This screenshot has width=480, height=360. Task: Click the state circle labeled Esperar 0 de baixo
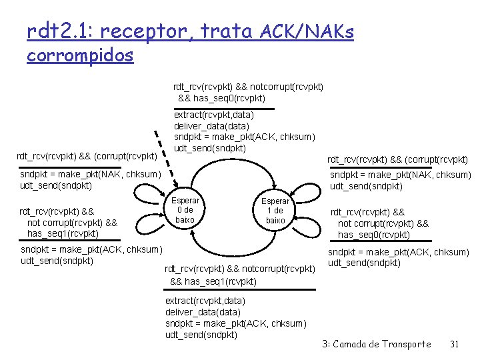click(185, 210)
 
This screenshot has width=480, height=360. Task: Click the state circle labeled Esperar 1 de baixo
click(275, 210)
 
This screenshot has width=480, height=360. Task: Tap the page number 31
click(455, 344)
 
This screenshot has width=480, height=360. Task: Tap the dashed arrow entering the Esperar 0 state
click(167, 160)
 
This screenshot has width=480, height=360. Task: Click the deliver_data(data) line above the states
click(211, 125)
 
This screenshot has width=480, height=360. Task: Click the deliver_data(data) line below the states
click(203, 312)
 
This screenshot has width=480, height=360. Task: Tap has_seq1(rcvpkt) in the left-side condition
click(63, 233)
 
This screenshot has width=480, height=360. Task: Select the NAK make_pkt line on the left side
click(91, 174)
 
